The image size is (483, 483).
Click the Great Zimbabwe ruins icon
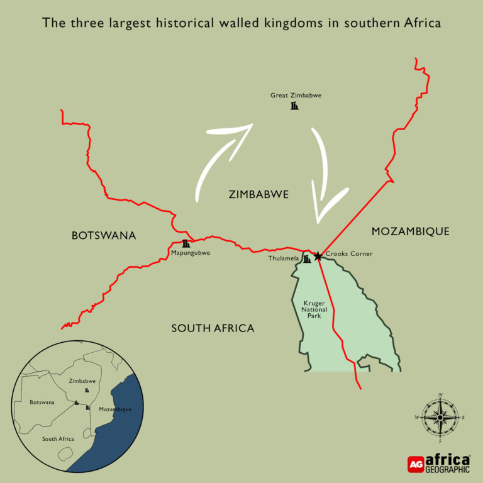click(294, 106)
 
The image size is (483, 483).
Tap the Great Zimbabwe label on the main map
click(296, 96)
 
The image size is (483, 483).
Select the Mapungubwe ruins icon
click(186, 243)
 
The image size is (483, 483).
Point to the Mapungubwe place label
click(190, 253)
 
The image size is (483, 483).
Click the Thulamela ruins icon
click(307, 259)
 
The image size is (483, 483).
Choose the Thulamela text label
click(283, 258)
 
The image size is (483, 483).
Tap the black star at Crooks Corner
click(318, 256)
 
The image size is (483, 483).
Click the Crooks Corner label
click(349, 254)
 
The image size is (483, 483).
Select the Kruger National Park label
click(314, 309)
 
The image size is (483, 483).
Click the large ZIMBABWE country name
click(258, 195)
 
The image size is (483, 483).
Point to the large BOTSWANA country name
click(104, 236)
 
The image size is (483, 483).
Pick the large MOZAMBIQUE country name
click(410, 231)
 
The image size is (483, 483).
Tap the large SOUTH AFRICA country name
click(213, 328)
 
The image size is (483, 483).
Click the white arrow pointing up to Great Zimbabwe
click(220, 157)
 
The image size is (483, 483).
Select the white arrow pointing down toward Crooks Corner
click(326, 182)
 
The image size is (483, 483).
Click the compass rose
click(440, 417)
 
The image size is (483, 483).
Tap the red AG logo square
click(416, 464)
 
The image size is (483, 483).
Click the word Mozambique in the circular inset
click(115, 409)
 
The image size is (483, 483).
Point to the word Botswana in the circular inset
click(42, 402)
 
